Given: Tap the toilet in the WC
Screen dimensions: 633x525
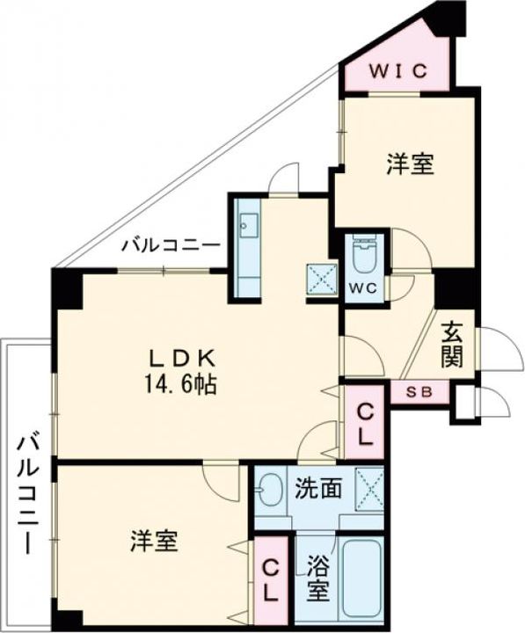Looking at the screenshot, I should [x=362, y=256].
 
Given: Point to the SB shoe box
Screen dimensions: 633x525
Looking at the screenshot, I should [x=419, y=391].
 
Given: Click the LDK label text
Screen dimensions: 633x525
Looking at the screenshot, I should [x=182, y=358].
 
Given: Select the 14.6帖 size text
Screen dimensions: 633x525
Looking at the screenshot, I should [x=183, y=384].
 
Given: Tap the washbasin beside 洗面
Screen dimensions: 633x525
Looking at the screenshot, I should [x=272, y=489].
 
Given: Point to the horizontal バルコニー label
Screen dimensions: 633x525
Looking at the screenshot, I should [x=171, y=244].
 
